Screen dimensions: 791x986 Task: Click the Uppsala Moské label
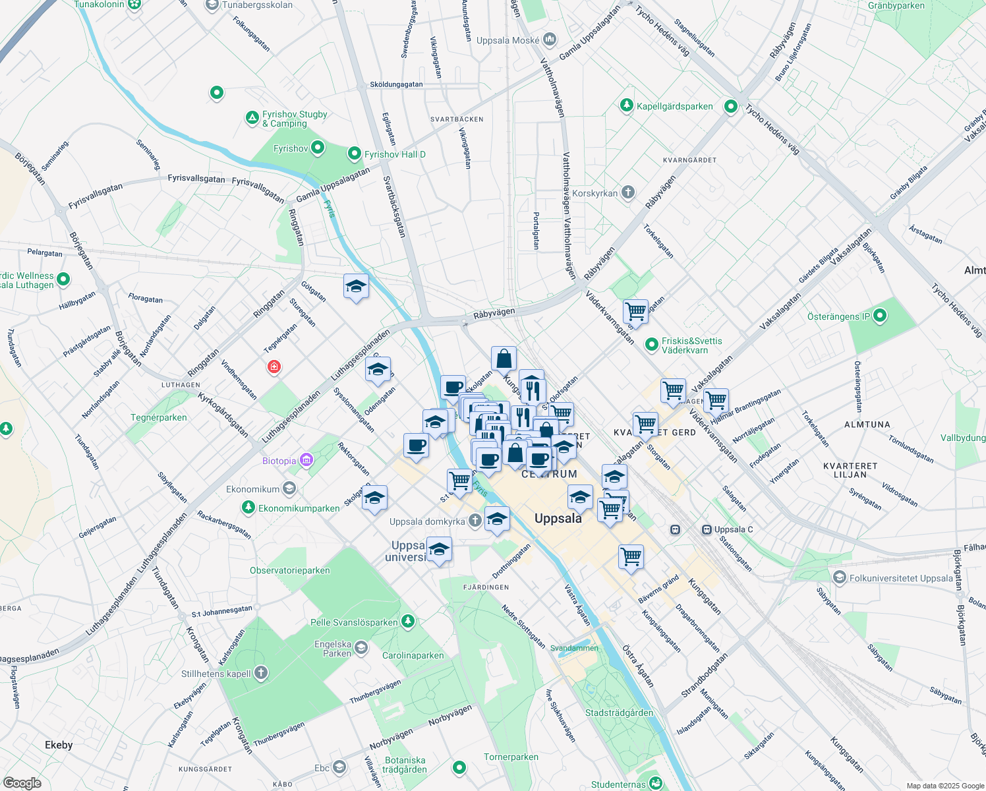(x=507, y=40)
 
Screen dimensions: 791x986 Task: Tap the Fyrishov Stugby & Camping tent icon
(x=252, y=118)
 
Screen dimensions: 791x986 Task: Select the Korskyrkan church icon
(x=628, y=192)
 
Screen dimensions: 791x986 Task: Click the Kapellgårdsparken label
(x=674, y=106)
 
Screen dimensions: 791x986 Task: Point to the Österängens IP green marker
(x=879, y=316)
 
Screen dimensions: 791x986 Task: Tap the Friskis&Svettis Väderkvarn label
(x=692, y=345)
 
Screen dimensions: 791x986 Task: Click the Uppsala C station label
(x=733, y=529)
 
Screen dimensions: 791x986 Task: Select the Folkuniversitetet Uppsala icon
(x=839, y=578)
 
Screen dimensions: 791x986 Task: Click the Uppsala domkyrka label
(x=427, y=521)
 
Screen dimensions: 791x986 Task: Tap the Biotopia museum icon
(x=306, y=460)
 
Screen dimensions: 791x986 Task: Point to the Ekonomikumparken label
(x=299, y=508)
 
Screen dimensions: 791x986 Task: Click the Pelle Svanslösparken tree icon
(x=408, y=621)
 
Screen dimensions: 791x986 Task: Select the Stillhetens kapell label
(x=216, y=674)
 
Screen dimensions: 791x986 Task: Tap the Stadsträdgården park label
(x=619, y=713)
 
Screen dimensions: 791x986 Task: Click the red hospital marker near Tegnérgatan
(x=274, y=366)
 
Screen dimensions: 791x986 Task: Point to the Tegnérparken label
(x=159, y=417)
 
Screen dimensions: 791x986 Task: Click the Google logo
(x=22, y=782)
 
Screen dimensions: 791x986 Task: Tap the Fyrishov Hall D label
(x=395, y=154)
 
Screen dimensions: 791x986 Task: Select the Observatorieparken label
(x=290, y=570)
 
